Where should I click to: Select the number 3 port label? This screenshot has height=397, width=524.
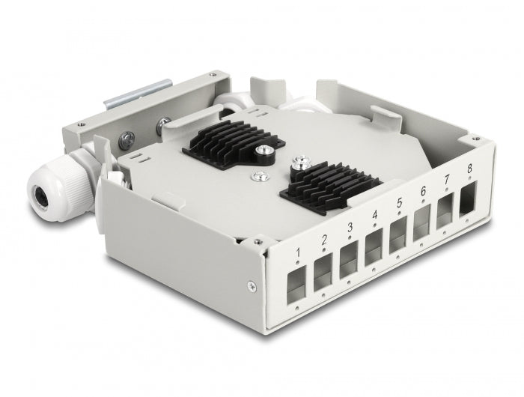pyautogui.click(x=348, y=228)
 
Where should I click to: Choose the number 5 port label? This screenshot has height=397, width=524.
pyautogui.click(x=399, y=202)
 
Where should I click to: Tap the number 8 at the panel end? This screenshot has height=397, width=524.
pyautogui.click(x=469, y=169)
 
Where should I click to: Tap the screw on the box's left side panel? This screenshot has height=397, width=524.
pyautogui.click(x=249, y=284)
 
